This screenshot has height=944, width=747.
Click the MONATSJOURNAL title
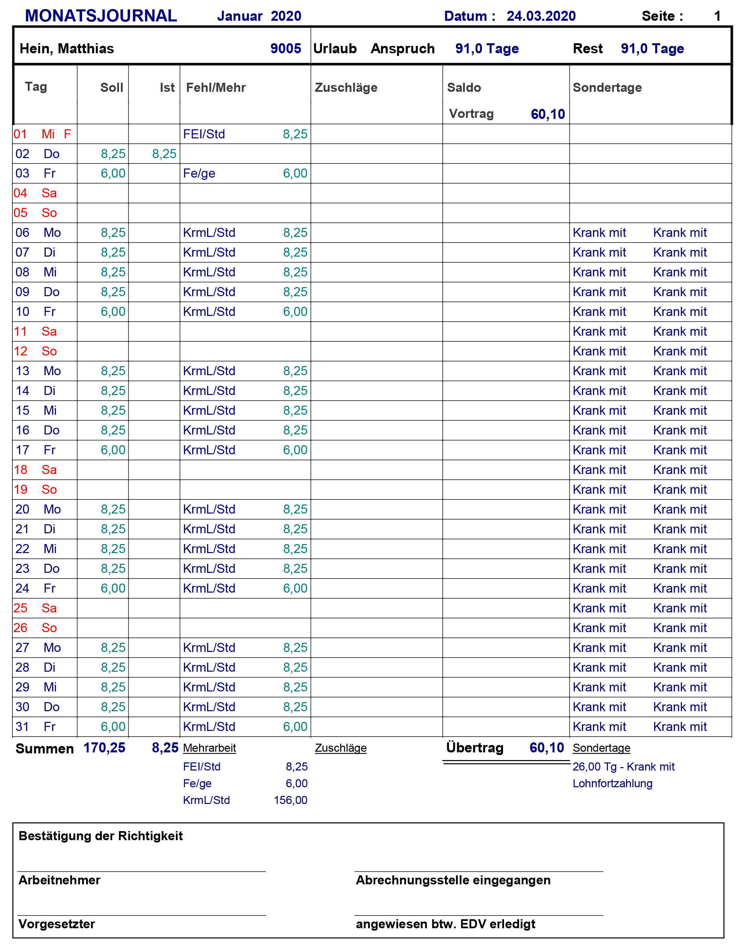point(101,16)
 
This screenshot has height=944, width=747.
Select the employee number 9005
point(286,49)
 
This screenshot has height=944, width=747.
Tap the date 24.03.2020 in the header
point(541,16)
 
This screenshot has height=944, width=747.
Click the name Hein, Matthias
point(67,49)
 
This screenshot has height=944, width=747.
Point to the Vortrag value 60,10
point(548,114)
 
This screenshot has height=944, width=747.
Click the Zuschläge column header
point(346,87)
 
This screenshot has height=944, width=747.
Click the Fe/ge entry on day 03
point(199,174)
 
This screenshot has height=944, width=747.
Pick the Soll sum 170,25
point(104,748)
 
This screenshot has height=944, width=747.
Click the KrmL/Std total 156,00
point(291,800)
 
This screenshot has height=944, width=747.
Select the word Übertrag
point(475,748)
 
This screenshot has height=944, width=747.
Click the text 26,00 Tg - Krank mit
point(623,766)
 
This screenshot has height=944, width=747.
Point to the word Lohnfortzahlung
point(612,783)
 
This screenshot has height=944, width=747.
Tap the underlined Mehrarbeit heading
point(209,748)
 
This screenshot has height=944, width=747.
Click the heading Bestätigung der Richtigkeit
point(101,836)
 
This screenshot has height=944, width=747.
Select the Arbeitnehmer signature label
point(59,880)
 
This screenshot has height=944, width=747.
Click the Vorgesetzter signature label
point(57,924)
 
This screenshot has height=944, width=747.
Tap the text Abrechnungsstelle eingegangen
point(453,880)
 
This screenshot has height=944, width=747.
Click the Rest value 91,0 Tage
point(652,49)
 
